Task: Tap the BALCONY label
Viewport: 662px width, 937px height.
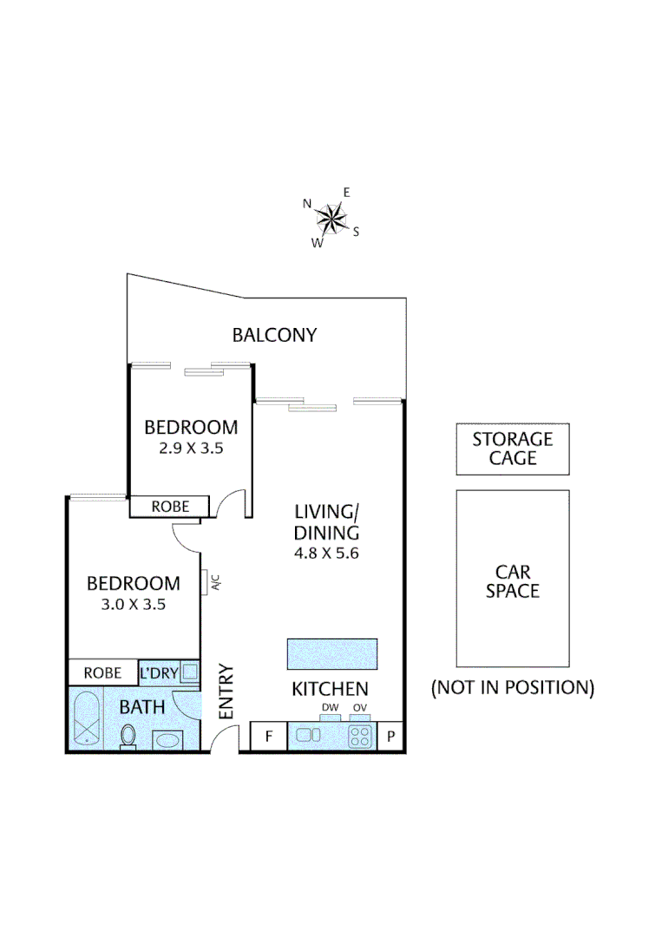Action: (274, 335)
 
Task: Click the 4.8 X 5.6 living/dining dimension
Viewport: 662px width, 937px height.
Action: (326, 553)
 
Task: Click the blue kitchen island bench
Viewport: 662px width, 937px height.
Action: (331, 654)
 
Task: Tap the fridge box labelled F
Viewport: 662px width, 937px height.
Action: (268, 737)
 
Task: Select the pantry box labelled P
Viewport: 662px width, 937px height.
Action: (390, 737)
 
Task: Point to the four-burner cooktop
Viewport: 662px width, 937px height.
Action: (359, 737)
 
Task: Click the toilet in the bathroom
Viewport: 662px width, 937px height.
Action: (128, 737)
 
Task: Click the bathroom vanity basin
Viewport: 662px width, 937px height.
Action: (167, 740)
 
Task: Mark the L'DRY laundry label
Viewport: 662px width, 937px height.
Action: (159, 672)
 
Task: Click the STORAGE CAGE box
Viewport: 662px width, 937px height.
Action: (513, 449)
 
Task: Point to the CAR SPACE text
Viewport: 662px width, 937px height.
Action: (513, 581)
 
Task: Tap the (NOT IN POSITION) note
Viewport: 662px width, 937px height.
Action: (513, 688)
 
